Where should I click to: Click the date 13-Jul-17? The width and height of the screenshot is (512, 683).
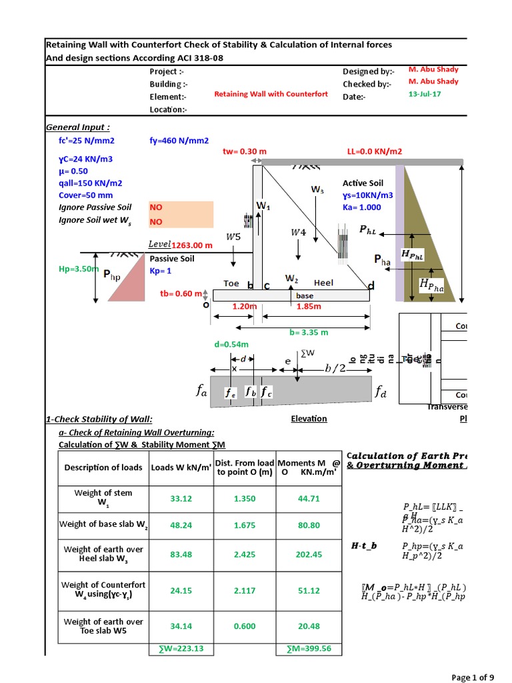pyautogui.click(x=424, y=94)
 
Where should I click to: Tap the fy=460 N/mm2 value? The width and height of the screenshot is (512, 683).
pyautogui.click(x=179, y=141)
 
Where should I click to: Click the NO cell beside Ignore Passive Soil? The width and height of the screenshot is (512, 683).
pyautogui.click(x=181, y=207)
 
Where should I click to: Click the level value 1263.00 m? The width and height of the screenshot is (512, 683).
pyautogui.click(x=192, y=245)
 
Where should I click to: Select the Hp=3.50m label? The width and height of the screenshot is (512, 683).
pyautogui.click(x=79, y=269)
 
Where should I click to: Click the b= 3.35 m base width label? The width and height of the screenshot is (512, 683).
pyautogui.click(x=308, y=332)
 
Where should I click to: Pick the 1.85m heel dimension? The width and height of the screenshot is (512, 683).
pyautogui.click(x=309, y=306)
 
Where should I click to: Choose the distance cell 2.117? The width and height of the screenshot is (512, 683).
pyautogui.click(x=245, y=590)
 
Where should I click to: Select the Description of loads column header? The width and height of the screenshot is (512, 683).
pyautogui.click(x=103, y=468)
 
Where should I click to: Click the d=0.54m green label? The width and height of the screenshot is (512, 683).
pyautogui.click(x=231, y=345)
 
